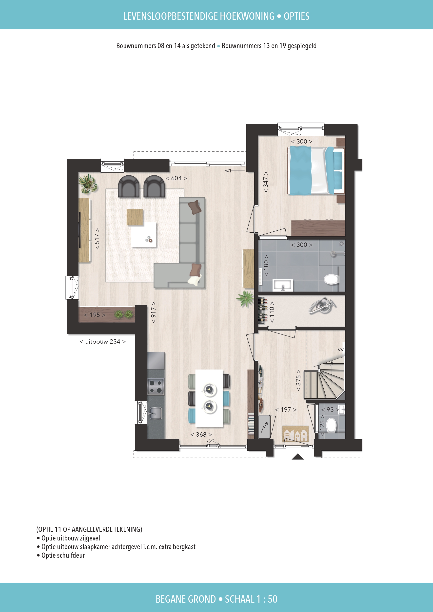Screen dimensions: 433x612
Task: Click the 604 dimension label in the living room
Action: (176, 178)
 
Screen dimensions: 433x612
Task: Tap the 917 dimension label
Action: (153, 312)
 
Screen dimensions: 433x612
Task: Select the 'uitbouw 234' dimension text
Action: (103, 341)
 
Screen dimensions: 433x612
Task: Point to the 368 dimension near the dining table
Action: (201, 434)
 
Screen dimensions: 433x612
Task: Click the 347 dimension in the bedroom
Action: (266, 182)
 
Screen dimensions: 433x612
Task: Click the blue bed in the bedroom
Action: (315, 171)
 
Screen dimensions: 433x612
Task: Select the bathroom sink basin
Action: (282, 285)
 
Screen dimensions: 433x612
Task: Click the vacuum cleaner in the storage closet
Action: (322, 306)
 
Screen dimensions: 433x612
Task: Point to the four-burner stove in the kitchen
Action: (156, 387)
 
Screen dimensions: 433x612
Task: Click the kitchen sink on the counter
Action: (156, 413)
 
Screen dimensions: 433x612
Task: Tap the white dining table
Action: (209, 398)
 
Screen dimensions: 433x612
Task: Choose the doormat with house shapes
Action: (295, 434)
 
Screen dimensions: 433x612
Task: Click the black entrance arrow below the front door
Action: (298, 457)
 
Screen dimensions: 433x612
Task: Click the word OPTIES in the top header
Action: (296, 16)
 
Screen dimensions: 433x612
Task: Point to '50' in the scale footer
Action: (272, 599)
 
